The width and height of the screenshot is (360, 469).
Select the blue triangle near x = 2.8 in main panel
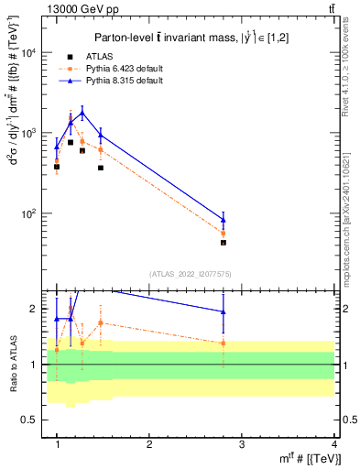coord(224,220)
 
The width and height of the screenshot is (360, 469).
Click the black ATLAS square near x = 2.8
coord(224,243)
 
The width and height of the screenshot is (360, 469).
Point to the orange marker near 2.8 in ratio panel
coord(224,343)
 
